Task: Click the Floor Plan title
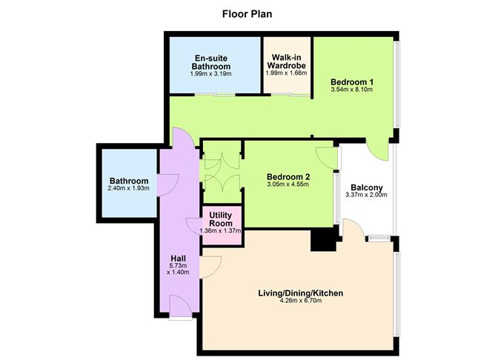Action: click(247, 13)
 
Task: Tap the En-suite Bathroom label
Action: click(210, 61)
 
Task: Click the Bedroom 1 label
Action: click(351, 81)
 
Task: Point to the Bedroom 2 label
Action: click(288, 176)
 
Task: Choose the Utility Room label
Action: click(222, 219)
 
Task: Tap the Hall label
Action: click(178, 259)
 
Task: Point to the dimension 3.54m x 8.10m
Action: click(351, 90)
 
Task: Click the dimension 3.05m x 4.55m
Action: click(288, 184)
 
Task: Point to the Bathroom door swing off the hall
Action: click(167, 181)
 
